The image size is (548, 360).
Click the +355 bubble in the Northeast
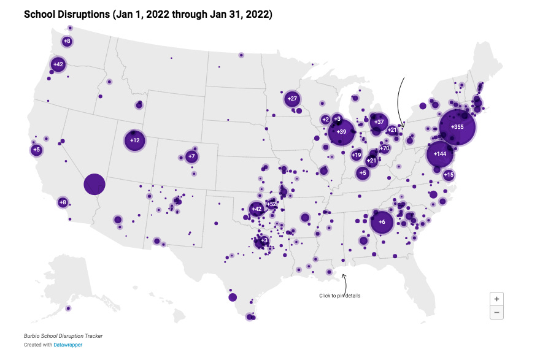(x=457, y=127)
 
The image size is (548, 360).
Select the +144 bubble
(x=440, y=154)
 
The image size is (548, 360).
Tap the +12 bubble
(x=135, y=140)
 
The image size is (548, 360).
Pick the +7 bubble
(x=191, y=156)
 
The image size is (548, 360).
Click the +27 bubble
(x=292, y=99)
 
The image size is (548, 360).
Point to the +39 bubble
(x=341, y=132)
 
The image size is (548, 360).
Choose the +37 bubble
(x=379, y=122)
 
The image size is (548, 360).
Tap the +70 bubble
(x=384, y=148)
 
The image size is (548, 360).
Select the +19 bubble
(x=357, y=155)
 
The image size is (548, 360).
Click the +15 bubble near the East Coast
(x=449, y=175)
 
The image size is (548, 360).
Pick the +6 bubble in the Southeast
(x=382, y=222)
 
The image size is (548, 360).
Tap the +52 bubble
(x=271, y=204)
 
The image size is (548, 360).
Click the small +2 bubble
(x=325, y=120)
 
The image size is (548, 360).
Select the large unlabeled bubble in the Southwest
(x=95, y=184)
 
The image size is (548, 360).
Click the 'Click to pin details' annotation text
(x=339, y=296)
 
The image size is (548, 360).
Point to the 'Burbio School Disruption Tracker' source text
(x=63, y=335)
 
